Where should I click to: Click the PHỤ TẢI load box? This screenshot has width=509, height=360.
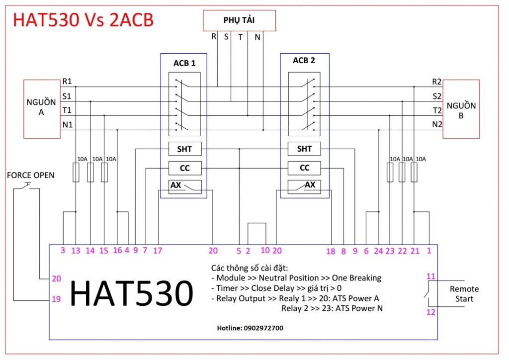point(238,20)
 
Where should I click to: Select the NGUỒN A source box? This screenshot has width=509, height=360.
point(41,107)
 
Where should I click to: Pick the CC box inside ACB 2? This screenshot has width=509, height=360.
point(305,168)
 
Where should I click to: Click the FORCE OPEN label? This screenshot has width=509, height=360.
point(30,175)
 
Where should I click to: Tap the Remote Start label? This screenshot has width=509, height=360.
point(464,294)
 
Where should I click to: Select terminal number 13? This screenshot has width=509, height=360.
point(76,251)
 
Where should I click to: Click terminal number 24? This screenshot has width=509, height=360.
point(378,251)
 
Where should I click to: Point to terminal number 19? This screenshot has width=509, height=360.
point(56,299)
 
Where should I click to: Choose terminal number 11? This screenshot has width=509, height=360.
point(430,276)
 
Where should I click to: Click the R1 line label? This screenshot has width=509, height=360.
point(67,82)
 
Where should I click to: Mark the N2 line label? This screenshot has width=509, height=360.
point(436,124)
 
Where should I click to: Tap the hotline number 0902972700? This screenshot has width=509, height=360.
point(251,328)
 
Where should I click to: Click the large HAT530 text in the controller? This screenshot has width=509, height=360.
point(131,294)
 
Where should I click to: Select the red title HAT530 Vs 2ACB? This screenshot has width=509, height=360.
point(83,19)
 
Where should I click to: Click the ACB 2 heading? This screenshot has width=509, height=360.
point(304,61)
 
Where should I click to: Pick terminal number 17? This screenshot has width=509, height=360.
point(158,251)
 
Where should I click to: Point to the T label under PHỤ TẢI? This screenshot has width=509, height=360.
point(240,37)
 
